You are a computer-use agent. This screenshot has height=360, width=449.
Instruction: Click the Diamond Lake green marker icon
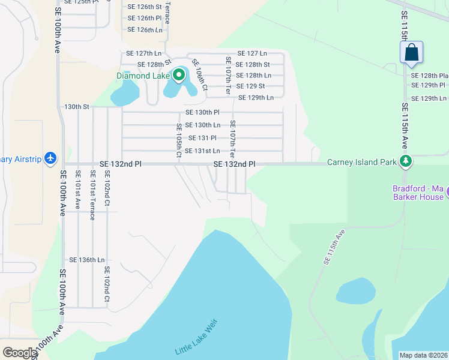point(179,76)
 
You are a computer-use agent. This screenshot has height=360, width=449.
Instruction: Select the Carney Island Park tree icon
point(406,161)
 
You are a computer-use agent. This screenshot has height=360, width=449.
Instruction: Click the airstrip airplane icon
point(50,158)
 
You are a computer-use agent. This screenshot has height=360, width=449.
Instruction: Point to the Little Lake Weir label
point(195,338)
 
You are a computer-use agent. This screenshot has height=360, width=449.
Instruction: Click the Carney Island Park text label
point(362,162)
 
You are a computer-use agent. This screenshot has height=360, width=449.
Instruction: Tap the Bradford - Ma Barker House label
point(417,193)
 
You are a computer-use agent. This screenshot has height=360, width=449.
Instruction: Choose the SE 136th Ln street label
point(87,260)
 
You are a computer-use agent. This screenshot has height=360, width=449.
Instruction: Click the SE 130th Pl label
point(202,112)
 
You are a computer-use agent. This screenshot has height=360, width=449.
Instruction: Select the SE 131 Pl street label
point(202,138)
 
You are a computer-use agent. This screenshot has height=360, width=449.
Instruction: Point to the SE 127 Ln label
point(252,53)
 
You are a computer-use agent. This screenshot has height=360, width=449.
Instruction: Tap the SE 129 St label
point(250,86)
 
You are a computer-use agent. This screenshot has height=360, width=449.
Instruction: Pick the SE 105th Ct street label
point(179,140)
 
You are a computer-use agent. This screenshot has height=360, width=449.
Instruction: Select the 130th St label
point(77,107)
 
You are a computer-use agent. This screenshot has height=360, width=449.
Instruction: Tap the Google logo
point(19,353)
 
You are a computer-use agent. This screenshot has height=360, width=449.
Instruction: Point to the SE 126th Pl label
point(145,18)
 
